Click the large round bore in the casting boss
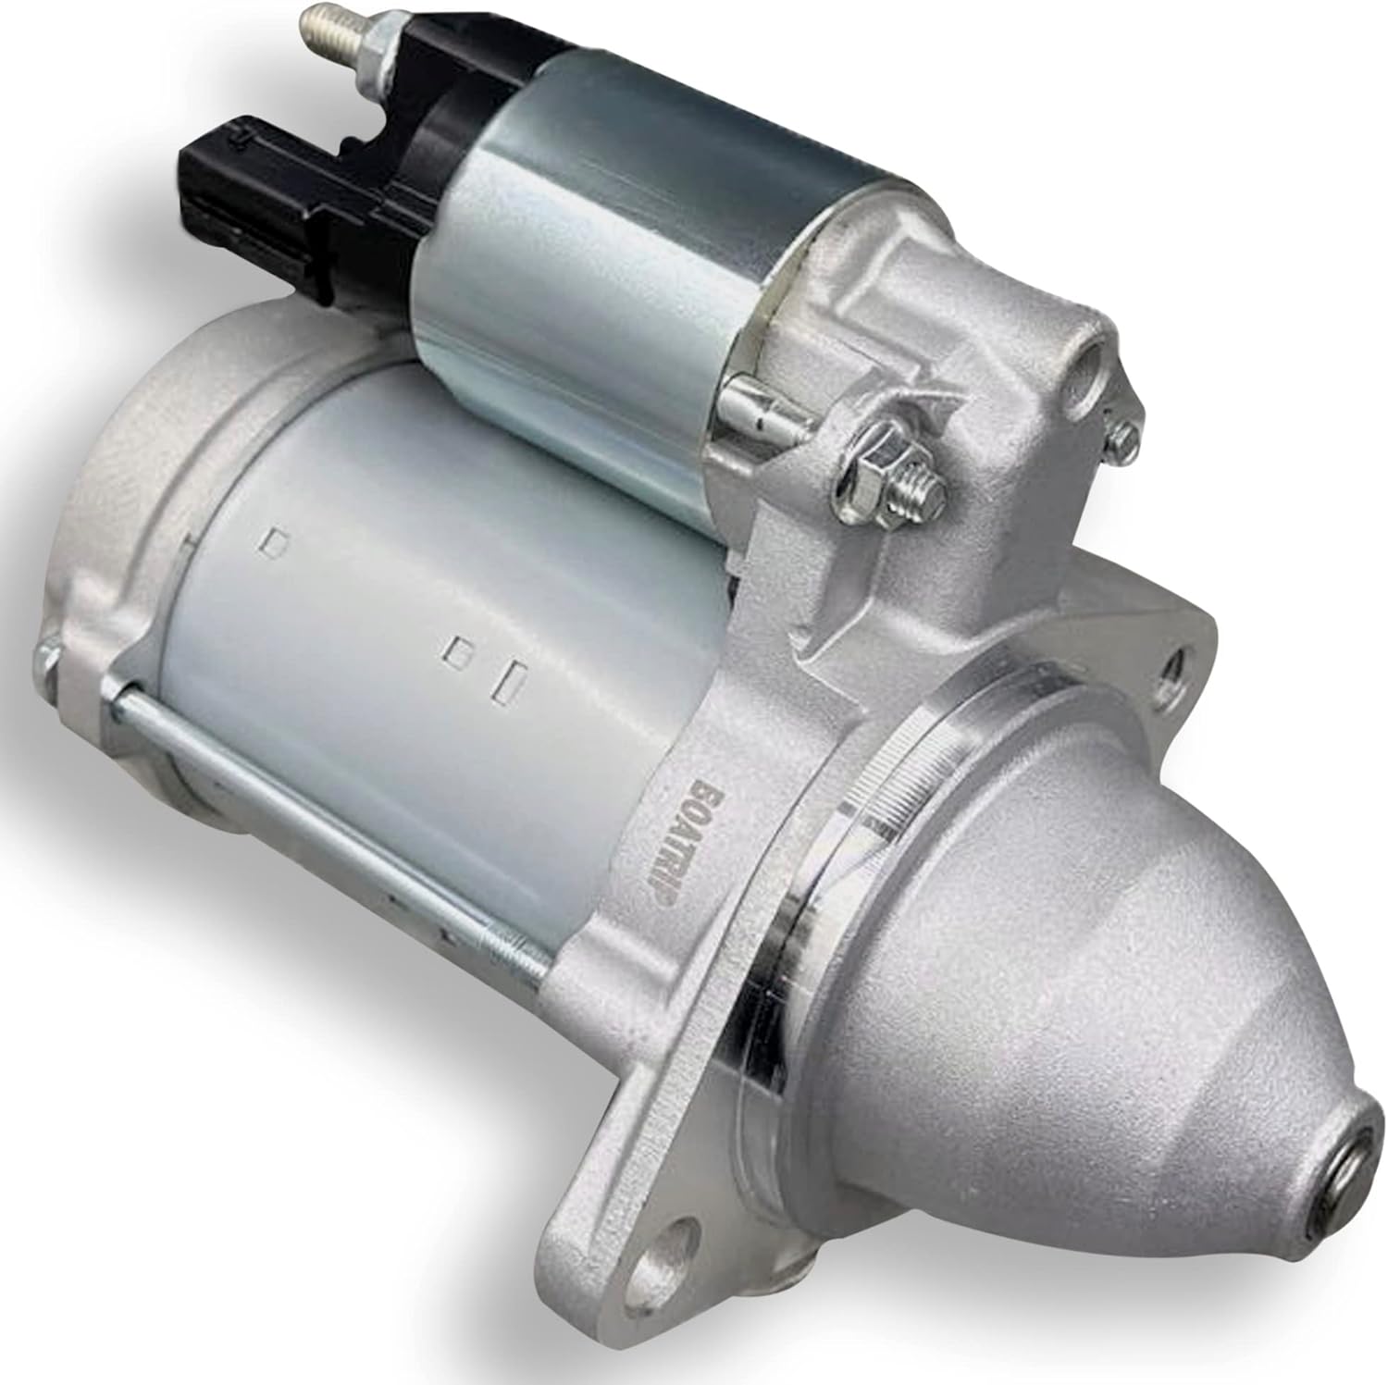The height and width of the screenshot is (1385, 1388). [x=1091, y=360]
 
